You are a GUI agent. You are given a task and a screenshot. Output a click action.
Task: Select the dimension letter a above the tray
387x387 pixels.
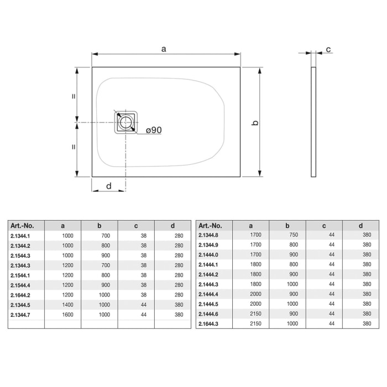164,49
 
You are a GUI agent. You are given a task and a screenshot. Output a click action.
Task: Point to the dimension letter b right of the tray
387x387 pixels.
255,123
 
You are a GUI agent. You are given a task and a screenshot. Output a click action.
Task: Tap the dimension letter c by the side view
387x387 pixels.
328,50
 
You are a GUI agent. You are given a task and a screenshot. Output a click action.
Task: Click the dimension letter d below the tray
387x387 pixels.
108,186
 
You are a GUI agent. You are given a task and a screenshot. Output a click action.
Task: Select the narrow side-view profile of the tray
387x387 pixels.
314,122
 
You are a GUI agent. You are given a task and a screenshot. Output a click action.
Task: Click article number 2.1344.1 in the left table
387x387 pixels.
21,236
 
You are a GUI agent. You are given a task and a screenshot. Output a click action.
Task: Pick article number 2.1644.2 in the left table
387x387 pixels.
21,295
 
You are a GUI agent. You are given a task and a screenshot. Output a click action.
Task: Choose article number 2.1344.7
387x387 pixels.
21,315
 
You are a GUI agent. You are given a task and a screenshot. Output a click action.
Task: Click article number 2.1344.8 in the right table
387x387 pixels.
209,234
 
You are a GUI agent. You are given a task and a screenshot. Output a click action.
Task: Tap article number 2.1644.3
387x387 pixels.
209,323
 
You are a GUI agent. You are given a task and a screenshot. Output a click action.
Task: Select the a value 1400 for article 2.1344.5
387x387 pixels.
67,305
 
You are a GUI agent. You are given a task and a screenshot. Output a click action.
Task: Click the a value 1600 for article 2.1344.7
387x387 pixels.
67,315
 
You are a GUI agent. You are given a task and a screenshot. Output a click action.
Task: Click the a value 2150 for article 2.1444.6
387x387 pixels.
255,313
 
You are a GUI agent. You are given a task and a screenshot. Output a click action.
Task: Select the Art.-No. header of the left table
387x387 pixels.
23,225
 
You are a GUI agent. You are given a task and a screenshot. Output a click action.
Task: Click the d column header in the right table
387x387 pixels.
360,225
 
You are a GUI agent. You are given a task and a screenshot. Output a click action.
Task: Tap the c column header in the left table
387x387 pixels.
135,225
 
